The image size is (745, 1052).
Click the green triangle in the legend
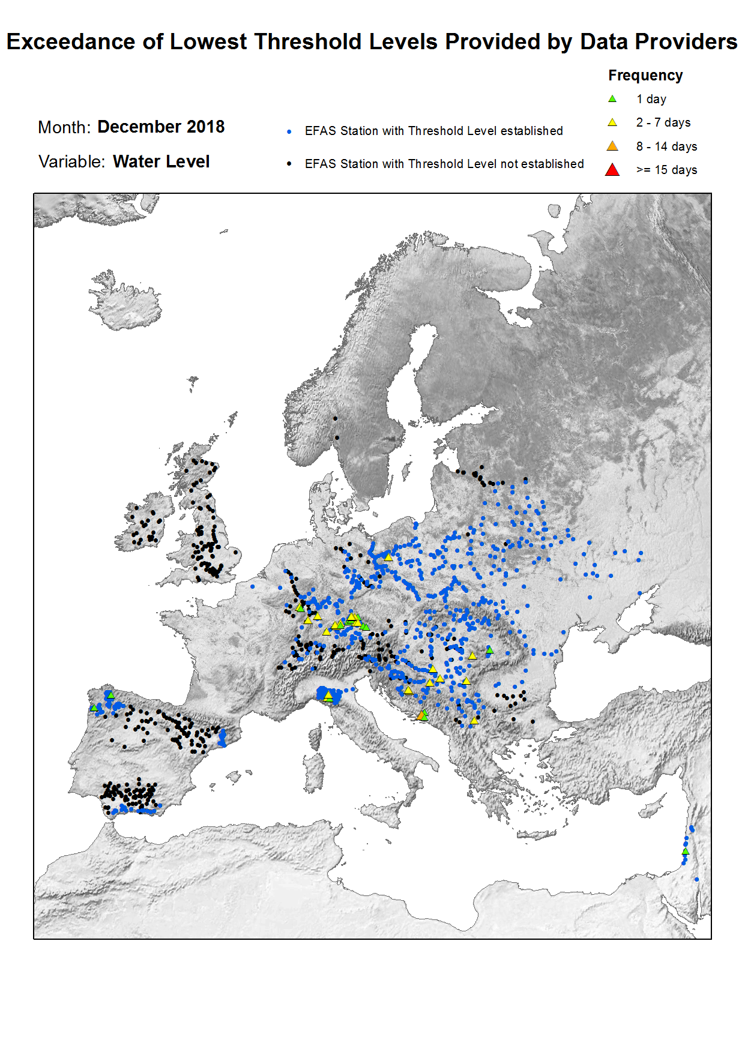(612, 99)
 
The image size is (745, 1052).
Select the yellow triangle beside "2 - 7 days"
(612, 122)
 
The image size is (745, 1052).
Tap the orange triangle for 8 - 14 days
(612, 146)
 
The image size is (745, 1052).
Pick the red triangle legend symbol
(612, 170)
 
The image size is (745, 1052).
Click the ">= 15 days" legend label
(666, 170)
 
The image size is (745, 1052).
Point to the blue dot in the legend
(289, 131)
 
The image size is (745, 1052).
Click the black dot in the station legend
(289, 164)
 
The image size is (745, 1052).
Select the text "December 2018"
(161, 127)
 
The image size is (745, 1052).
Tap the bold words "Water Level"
(161, 161)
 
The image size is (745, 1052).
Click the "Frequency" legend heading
(645, 76)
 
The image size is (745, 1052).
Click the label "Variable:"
(71, 161)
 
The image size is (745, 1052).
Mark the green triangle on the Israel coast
(686, 852)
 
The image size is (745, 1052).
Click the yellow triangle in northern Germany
(388, 558)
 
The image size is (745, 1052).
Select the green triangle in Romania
(490, 650)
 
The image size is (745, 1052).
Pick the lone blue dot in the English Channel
(253, 586)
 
